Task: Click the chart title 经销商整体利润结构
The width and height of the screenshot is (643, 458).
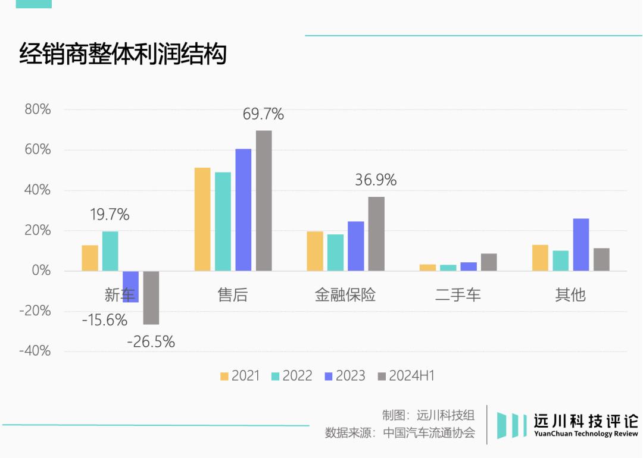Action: click(x=123, y=54)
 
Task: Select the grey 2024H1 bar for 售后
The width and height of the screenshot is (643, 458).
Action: click(x=264, y=200)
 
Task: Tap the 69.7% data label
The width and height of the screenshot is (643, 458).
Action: click(x=263, y=114)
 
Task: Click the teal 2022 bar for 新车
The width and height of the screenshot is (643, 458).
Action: click(x=110, y=251)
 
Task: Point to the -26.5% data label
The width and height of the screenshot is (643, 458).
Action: click(x=151, y=342)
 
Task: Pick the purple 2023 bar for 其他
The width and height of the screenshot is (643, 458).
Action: click(x=581, y=244)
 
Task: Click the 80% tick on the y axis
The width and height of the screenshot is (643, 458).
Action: click(x=38, y=110)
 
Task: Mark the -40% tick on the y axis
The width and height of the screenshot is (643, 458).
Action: click(x=35, y=351)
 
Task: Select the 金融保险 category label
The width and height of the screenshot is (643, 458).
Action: click(x=345, y=294)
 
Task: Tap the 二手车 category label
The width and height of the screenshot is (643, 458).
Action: click(x=458, y=294)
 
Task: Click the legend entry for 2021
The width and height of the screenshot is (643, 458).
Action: click(x=240, y=376)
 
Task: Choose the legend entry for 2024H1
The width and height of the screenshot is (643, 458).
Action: click(x=406, y=376)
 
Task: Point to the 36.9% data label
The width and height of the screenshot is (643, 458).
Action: click(x=376, y=180)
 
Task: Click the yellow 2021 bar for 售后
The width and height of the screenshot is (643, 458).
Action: click(x=202, y=219)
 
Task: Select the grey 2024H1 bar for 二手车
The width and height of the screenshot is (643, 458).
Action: click(x=489, y=262)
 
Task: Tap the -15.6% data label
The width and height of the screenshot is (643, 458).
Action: click(x=105, y=320)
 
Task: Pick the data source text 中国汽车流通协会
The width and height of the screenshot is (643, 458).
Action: click(x=429, y=432)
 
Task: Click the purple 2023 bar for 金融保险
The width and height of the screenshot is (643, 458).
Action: click(x=356, y=246)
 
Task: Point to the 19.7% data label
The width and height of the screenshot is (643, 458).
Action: click(x=110, y=215)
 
